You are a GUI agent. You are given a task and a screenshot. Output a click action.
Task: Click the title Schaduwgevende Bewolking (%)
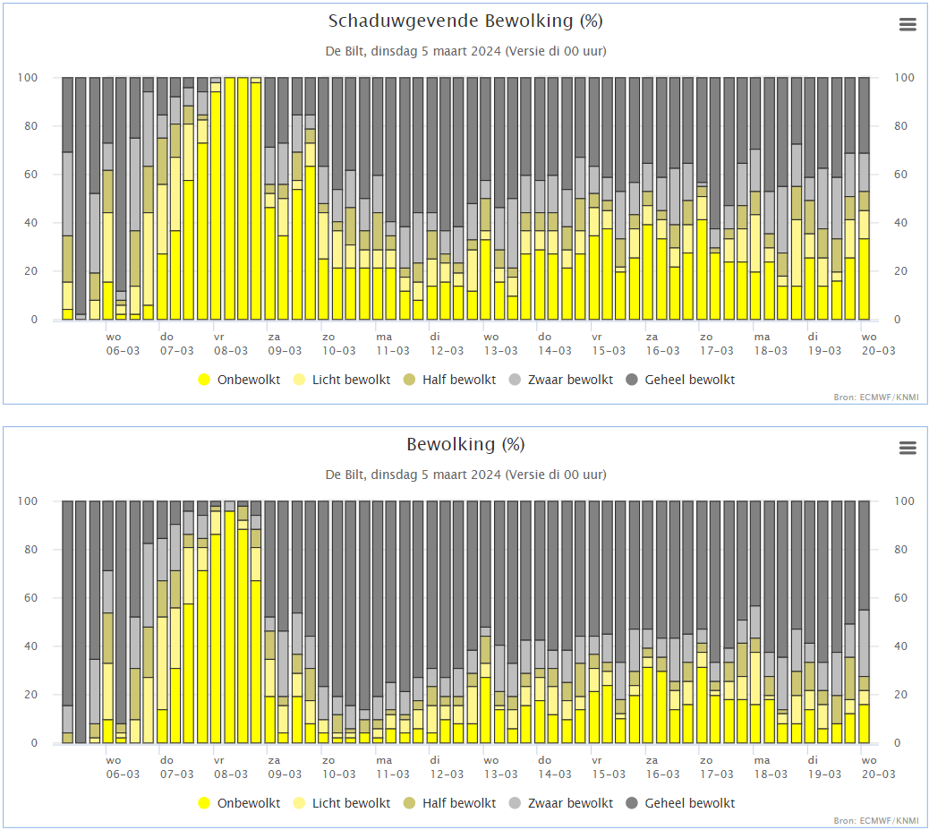click(465, 21)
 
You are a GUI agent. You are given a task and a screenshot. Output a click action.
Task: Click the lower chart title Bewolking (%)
click(465, 445)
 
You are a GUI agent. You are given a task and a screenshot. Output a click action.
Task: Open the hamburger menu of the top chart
click(908, 24)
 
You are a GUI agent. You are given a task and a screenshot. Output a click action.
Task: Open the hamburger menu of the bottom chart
click(908, 448)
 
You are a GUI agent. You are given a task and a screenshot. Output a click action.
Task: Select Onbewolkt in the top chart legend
click(239, 380)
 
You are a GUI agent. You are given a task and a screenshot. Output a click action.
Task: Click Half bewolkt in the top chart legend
click(449, 380)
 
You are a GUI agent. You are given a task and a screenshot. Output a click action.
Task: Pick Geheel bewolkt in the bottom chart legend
click(680, 803)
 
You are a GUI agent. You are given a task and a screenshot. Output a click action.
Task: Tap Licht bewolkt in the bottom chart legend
click(342, 803)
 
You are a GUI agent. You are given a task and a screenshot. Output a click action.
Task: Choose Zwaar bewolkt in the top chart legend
click(561, 380)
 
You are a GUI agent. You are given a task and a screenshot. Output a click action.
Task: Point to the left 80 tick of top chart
click(30, 125)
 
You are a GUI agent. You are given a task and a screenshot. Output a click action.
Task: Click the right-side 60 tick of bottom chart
click(900, 597)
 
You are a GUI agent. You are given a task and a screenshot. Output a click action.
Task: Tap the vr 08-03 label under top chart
click(231, 344)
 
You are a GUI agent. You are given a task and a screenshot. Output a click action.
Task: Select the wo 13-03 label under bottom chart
click(500, 767)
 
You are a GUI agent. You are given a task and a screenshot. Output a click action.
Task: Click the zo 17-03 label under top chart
click(717, 344)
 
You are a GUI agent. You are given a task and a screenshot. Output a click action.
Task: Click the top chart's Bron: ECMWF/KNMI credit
click(876, 398)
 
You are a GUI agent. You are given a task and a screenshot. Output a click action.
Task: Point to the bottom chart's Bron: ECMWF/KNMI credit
click(876, 820)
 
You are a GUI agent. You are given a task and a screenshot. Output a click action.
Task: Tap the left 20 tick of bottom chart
click(30, 694)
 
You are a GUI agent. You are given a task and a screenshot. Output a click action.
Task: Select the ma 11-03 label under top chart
click(393, 344)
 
